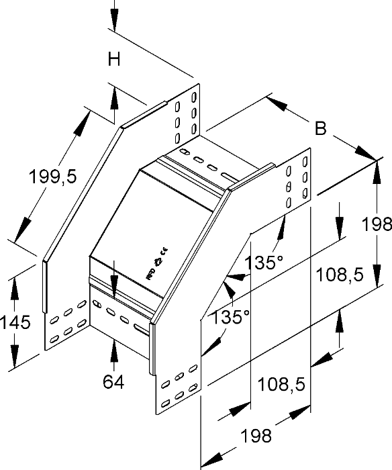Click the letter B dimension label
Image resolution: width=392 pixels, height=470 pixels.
[321, 128]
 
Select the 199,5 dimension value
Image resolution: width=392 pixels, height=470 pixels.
[53, 177]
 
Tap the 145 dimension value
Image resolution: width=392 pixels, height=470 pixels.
[15, 322]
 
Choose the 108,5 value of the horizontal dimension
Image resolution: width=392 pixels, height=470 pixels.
[282, 384]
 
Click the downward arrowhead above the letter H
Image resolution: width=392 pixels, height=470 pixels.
[115, 25]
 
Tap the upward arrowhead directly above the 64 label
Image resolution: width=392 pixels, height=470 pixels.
[115, 350]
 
